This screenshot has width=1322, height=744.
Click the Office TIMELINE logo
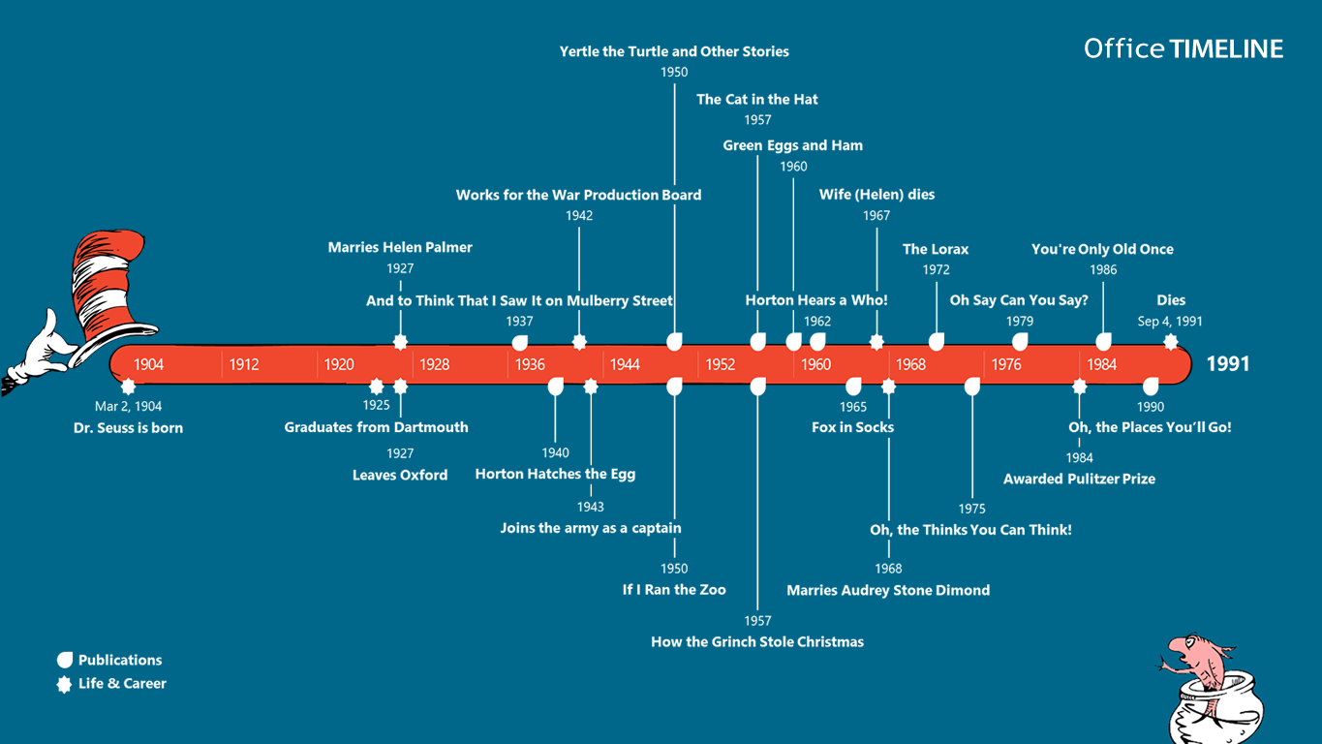tap(1184, 48)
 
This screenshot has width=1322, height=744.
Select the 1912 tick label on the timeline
tap(244, 364)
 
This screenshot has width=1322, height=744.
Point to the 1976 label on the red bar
tap(1007, 364)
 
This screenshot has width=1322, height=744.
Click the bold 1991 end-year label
tap(1228, 363)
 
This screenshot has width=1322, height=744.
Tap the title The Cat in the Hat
tap(757, 99)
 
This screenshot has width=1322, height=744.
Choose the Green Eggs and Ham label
tap(793, 145)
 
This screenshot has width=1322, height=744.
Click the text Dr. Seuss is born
tap(128, 427)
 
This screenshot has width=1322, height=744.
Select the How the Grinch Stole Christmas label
tap(757, 641)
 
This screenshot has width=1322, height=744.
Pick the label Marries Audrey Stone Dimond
tap(888, 590)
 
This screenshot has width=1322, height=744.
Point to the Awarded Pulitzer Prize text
tap(1079, 479)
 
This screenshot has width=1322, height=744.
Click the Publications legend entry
tap(119, 660)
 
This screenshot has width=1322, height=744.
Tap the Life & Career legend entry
tap(122, 683)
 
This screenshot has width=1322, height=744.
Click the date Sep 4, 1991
tap(1170, 321)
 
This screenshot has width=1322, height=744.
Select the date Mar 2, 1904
tap(128, 406)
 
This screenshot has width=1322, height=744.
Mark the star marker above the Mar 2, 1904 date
tap(128, 387)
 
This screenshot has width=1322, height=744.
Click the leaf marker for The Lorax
tap(937, 341)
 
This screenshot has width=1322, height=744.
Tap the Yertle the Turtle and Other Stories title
tap(674, 51)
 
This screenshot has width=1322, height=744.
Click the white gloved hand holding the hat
tap(39, 349)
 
